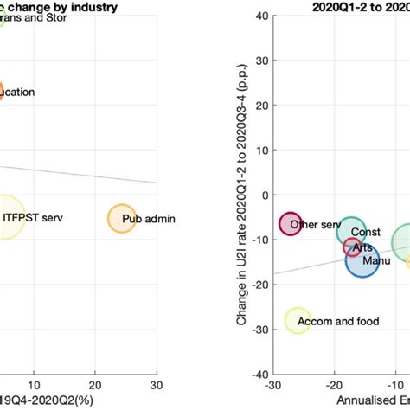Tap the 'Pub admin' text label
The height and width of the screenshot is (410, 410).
tap(148, 219)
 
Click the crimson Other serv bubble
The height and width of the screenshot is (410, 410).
tap(291, 224)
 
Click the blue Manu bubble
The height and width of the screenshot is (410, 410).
tap(362, 259)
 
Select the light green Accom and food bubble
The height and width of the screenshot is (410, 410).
tap(298, 321)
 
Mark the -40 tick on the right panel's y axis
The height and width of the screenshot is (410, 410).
tap(260, 375)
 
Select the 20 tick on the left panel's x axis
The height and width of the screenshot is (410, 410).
tap(95, 384)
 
